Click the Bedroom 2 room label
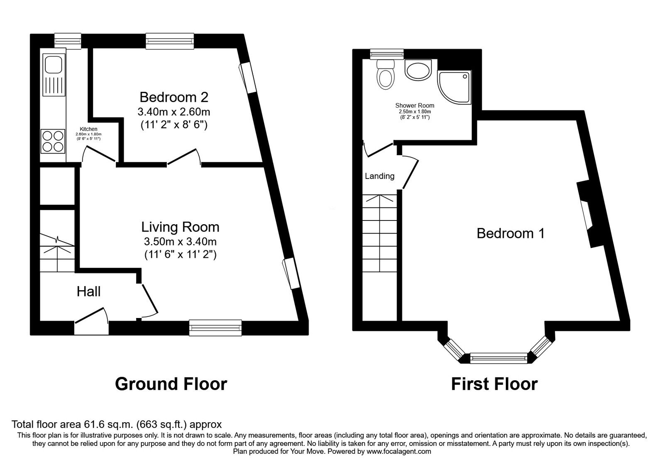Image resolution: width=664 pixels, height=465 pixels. [174, 97]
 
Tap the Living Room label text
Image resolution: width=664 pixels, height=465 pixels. [180, 227]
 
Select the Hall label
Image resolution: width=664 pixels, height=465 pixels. [89, 291]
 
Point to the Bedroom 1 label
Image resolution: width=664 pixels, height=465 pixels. [510, 233]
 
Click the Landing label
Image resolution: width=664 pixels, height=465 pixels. [379, 176]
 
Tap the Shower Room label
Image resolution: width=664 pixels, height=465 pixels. [415, 105]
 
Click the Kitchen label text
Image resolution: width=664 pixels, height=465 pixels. [88, 129]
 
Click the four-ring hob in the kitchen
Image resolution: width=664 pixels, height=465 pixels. [53, 141]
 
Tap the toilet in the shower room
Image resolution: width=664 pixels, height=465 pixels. [386, 74]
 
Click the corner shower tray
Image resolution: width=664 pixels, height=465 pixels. [454, 87]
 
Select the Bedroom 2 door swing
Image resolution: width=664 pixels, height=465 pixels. [184, 157]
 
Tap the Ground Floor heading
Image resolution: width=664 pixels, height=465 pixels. [171, 384]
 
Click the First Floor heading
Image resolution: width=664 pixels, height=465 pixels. [494, 384]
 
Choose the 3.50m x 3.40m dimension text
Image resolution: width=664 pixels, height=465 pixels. [180, 242]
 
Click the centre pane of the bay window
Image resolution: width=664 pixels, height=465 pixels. [499, 358]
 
